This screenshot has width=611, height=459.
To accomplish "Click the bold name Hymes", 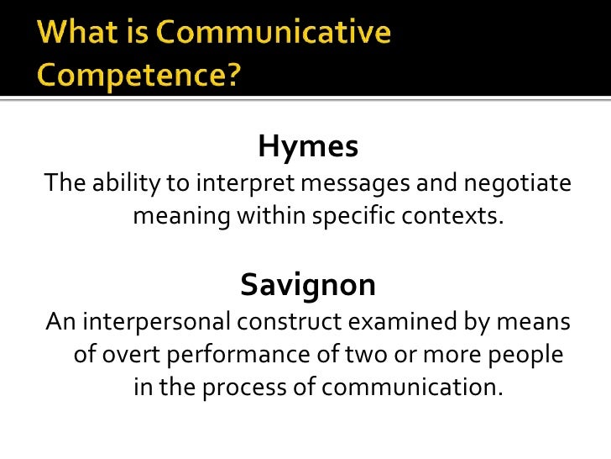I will coord(308,147).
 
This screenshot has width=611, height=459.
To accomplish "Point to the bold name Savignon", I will coord(308,286).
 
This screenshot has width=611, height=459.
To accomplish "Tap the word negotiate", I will coord(518,182).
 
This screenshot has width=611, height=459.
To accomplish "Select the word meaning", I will coord(181,217).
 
